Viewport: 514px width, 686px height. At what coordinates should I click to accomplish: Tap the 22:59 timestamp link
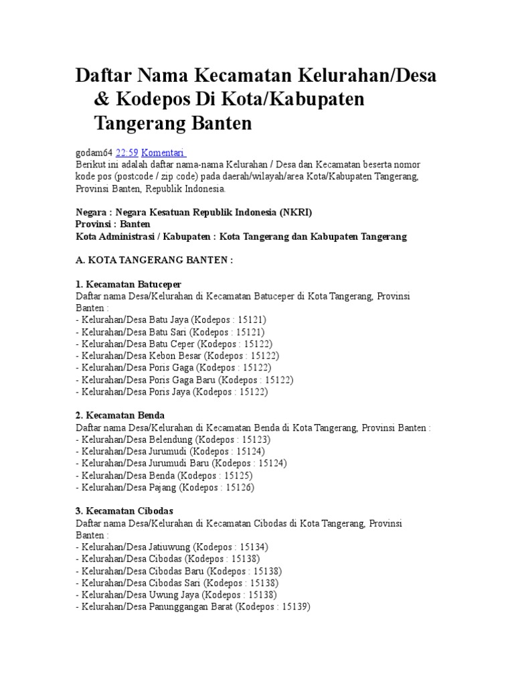tap(126, 152)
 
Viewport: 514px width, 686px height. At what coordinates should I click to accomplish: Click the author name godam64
tap(94, 152)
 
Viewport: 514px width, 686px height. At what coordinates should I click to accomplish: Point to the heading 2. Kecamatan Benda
tap(120, 415)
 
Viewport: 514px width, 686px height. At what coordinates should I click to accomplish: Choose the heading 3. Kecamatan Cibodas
tap(124, 511)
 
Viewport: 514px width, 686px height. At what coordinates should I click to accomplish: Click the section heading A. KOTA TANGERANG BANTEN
tap(155, 260)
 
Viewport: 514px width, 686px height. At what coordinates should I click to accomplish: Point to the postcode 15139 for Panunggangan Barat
tap(292, 607)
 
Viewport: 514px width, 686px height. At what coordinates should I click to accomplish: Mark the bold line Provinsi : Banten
tap(113, 224)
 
